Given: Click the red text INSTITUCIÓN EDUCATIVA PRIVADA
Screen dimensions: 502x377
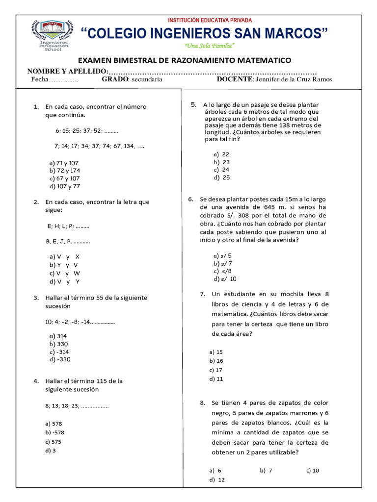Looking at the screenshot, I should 210,20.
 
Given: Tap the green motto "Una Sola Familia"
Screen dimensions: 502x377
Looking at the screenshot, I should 210,46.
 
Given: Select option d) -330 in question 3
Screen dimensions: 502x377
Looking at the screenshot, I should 60,359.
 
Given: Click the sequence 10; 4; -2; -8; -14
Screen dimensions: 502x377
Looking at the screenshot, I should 80,322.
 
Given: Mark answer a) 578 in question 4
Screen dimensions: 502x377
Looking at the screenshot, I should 54,423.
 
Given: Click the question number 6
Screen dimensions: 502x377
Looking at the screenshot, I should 191,199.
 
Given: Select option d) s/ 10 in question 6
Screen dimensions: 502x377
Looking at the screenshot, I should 225,278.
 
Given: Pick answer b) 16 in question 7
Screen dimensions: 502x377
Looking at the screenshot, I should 216,360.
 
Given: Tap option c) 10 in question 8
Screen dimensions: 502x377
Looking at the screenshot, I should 312,470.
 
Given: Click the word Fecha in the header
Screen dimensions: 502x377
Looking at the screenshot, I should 40,79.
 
